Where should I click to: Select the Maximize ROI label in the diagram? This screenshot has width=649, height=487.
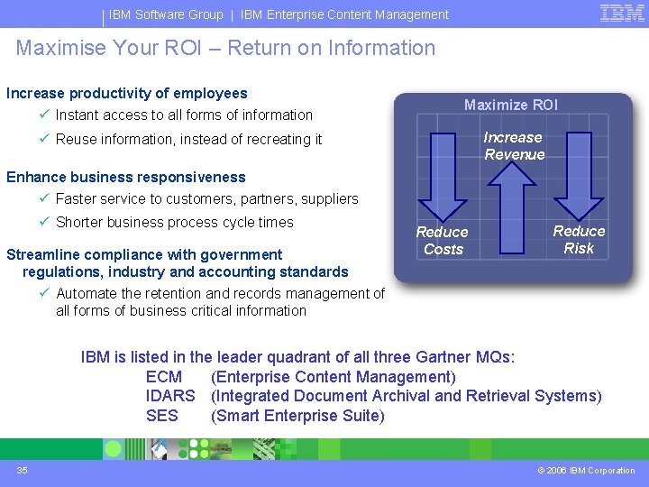[x=510, y=105]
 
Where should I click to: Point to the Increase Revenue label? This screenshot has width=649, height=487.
[x=514, y=146]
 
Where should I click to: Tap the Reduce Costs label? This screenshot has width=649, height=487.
[x=443, y=241]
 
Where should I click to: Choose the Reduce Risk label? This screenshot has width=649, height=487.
[x=579, y=240]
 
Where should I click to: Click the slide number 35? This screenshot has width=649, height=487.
[x=23, y=470]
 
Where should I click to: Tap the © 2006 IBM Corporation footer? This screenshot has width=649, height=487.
[x=586, y=470]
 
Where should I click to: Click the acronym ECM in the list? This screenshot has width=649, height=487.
[x=163, y=377]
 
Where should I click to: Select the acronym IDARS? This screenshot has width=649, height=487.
[x=170, y=396]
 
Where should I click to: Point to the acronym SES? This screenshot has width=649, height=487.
[x=162, y=416]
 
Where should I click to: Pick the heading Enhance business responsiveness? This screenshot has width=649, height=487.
[x=126, y=177]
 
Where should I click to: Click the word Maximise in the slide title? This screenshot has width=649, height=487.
[x=59, y=48]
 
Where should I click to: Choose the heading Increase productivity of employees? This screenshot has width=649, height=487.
[x=127, y=93]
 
